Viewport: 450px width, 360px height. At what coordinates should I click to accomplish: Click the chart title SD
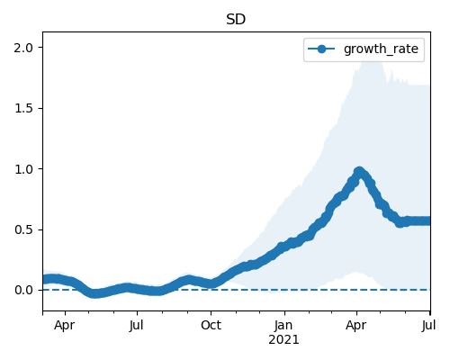coord(236,20)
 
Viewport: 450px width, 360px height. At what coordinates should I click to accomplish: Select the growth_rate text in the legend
coord(381,49)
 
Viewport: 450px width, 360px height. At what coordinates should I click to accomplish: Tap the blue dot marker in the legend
coord(321,49)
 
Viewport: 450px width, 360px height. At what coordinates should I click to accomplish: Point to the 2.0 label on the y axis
coord(23,48)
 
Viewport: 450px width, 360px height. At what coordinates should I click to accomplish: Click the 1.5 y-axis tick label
coord(23,108)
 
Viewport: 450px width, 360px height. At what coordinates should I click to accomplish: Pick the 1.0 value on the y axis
coord(23,169)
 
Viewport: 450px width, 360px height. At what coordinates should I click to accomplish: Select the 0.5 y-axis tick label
coord(23,229)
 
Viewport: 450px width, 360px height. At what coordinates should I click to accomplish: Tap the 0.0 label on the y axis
coord(23,291)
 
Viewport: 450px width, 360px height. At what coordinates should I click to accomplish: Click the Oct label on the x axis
coord(211,325)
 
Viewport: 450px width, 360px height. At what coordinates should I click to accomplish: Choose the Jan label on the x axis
coord(283,325)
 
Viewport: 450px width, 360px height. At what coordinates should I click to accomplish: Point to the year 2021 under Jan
coord(283,340)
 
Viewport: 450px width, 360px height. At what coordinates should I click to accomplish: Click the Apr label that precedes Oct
coord(64,325)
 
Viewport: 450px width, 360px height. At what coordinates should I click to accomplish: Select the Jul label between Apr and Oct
coord(137,325)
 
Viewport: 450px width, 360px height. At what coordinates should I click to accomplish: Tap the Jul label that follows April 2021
coord(429,325)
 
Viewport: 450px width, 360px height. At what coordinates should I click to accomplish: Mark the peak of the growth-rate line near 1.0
coord(359,172)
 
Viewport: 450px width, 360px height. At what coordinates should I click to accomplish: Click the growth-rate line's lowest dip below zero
coord(94,293)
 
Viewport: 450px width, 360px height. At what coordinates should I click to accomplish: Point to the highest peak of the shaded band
coord(372,55)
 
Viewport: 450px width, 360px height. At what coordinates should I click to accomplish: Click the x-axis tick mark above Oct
coord(211,313)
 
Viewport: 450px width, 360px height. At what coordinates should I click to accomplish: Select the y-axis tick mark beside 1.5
coord(40,108)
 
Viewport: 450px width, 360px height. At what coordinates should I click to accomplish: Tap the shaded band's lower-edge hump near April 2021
coord(355,272)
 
